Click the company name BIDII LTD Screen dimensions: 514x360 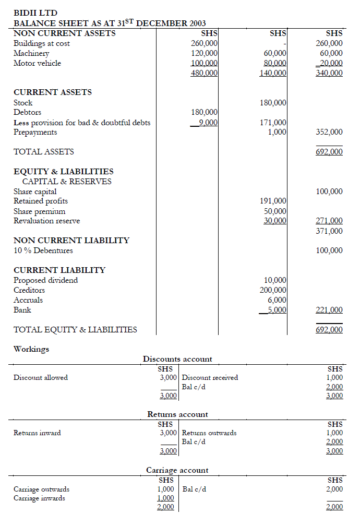(35, 13)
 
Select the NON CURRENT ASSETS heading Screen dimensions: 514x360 (64, 33)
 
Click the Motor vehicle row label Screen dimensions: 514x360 (37, 63)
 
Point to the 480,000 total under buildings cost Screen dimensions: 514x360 (204, 73)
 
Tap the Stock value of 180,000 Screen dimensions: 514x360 (273, 103)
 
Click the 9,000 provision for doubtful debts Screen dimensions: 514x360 (207, 123)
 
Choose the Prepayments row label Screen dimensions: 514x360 (35, 132)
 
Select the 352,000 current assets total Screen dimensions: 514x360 (329, 132)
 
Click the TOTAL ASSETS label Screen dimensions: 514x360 (43, 152)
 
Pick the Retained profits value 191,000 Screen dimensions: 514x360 (273, 201)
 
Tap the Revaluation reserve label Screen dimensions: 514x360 (46, 221)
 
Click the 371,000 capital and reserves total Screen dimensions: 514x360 (329, 231)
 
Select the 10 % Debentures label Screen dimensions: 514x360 (43, 250)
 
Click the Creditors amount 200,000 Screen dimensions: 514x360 (273, 290)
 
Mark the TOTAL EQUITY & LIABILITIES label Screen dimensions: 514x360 (75, 330)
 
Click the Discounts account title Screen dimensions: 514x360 (177, 359)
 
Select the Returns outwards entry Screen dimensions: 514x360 (209, 433)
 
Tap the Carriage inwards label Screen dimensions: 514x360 (39, 498)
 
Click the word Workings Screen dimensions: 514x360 (31, 349)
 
